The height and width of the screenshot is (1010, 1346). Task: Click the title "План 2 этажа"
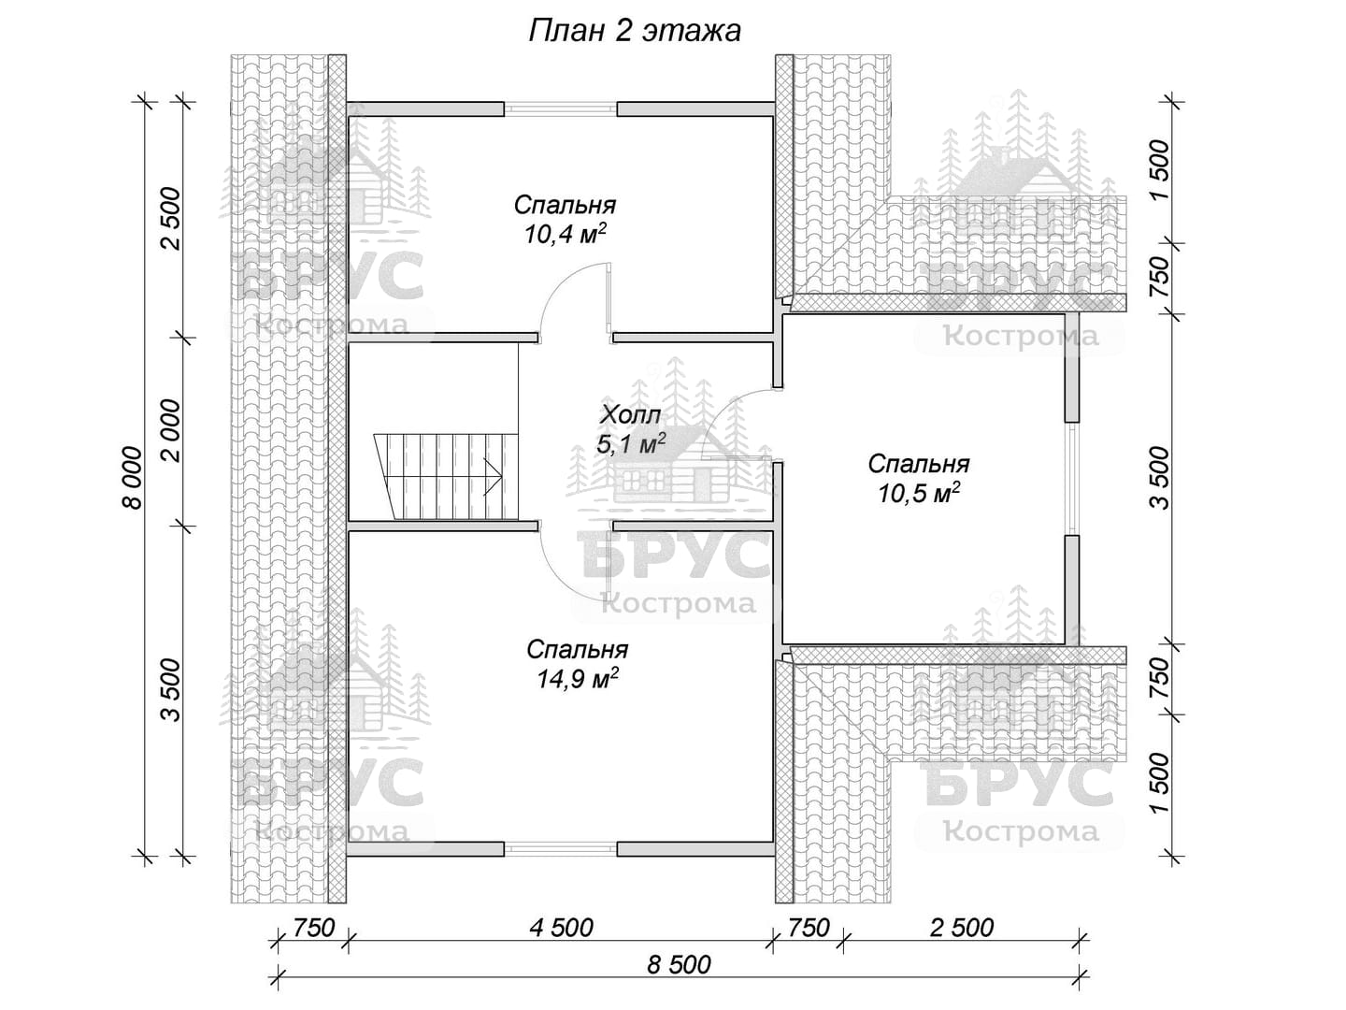coord(634,31)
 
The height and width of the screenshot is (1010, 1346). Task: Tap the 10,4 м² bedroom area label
coord(565,233)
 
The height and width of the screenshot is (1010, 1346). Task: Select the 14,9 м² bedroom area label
coord(577,678)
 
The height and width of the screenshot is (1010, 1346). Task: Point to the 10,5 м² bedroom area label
coord(919,493)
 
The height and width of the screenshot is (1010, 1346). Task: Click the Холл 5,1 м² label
coord(631,429)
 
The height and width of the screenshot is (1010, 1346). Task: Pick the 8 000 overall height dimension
coord(134,478)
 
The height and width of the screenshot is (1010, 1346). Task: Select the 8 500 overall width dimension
coord(679,964)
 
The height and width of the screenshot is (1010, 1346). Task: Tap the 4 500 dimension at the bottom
coord(561,928)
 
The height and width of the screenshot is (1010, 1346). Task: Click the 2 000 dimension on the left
coord(174,430)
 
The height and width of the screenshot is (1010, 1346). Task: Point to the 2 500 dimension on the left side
coord(174,218)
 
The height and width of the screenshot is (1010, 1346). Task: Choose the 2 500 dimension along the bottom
coord(962,928)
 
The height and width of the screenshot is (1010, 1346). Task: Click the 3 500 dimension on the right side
coord(1161,478)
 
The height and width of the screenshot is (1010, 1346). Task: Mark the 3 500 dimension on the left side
coord(174,690)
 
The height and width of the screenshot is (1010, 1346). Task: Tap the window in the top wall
coord(561,109)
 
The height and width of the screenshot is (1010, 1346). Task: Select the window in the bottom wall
coord(561,849)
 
